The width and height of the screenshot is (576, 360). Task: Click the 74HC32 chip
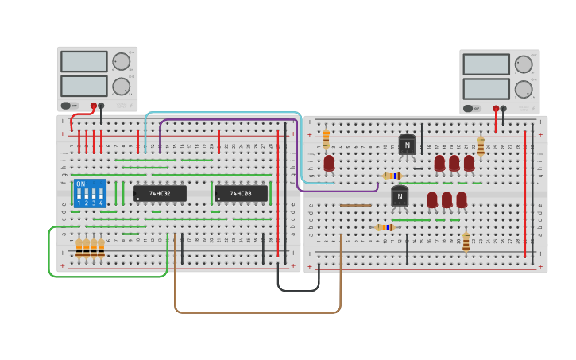pos(160,193)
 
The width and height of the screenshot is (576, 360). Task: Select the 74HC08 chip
pos(241,193)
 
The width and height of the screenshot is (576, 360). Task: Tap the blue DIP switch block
pos(90,193)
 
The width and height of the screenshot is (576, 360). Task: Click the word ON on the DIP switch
pos(81,184)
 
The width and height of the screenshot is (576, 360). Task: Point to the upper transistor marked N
pos(407,145)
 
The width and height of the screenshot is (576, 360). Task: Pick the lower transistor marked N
pos(400,195)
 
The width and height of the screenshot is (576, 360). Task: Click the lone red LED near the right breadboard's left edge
pos(329,163)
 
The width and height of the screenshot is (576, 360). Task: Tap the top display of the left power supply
pos(83,61)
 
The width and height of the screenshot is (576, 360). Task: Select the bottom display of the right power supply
pos(485,88)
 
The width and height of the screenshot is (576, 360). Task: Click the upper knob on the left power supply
pos(121,61)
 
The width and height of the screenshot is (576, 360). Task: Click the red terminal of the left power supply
pos(94,106)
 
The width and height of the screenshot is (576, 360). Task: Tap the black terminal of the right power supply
pos(503,109)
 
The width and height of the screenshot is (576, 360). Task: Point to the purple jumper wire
pos(230,120)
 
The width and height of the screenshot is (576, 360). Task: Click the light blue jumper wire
pos(222,113)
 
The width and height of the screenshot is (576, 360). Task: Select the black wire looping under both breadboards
pos(298,290)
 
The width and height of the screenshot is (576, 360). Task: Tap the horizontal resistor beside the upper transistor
pos(392,176)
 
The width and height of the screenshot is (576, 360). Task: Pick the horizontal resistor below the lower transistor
pos(385,227)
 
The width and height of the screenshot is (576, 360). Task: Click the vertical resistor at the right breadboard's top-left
pos(326,139)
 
